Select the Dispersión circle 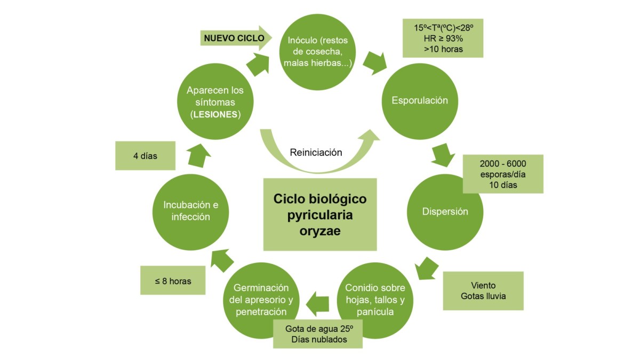[445, 212]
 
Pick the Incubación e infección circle [191, 211]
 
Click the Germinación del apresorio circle [261, 300]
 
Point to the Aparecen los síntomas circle [215, 102]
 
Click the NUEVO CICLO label [229, 38]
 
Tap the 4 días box [145, 156]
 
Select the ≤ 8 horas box [172, 280]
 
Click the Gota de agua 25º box [318, 334]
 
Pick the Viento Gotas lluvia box [483, 291]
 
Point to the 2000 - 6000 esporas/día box [503, 174]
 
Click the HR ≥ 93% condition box [443, 38]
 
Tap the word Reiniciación [316, 152]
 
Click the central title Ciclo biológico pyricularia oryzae [320, 214]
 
